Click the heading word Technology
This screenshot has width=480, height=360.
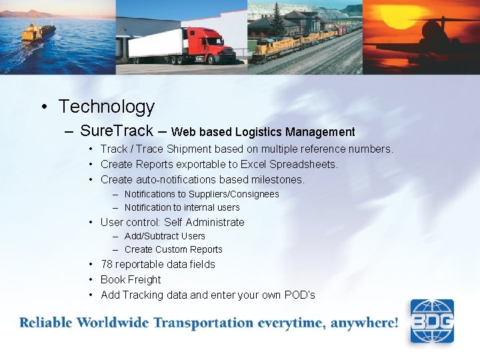pos(106,107)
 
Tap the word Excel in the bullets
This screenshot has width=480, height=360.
pos(254,164)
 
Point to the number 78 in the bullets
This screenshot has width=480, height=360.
pos(107,265)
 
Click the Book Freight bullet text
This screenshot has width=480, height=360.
pos(131,280)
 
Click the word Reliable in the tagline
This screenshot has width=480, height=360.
pos(46,323)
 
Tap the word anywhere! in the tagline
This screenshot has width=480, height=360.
pos(366,323)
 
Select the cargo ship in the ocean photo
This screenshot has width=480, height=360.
pos(38,33)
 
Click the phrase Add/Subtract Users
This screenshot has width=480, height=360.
pos(165,236)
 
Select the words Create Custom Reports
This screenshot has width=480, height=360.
pos(173,249)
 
